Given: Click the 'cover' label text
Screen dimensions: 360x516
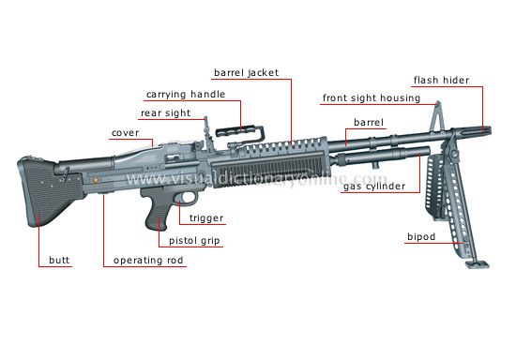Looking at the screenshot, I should (125, 133).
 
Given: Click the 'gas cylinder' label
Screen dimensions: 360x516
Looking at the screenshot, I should (372, 187).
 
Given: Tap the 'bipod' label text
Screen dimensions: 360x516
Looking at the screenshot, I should (419, 236).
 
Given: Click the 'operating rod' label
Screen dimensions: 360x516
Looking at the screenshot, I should (148, 260).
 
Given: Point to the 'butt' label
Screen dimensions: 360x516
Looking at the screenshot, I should (59, 260).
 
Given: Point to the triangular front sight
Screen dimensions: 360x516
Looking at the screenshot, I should (436, 117).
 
